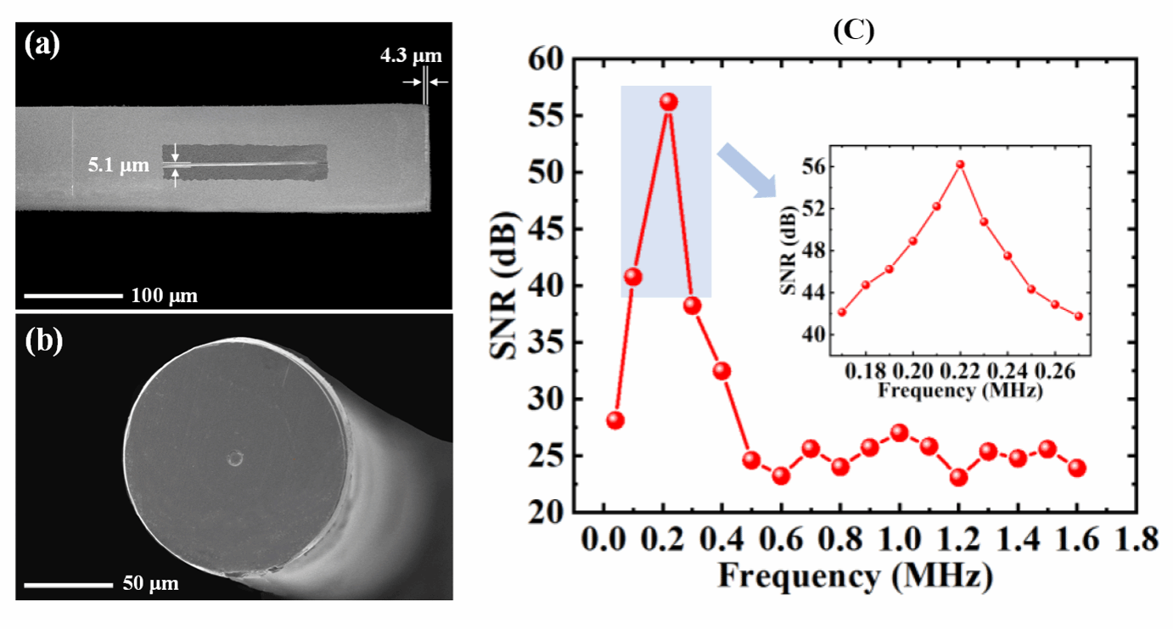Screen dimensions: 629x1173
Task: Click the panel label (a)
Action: [x=42, y=45]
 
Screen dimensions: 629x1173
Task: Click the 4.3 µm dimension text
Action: [x=411, y=58]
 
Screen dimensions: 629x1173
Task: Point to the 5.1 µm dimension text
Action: [x=118, y=166]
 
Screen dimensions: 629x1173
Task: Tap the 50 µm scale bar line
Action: [x=68, y=585]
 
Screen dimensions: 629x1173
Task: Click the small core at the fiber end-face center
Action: [x=235, y=459]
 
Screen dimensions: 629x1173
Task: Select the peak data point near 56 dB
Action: [x=669, y=102]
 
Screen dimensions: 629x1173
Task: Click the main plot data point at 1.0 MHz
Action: [x=901, y=433]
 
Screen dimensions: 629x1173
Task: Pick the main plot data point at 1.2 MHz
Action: [x=959, y=477]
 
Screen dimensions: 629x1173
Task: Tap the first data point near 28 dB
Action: [x=616, y=420]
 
